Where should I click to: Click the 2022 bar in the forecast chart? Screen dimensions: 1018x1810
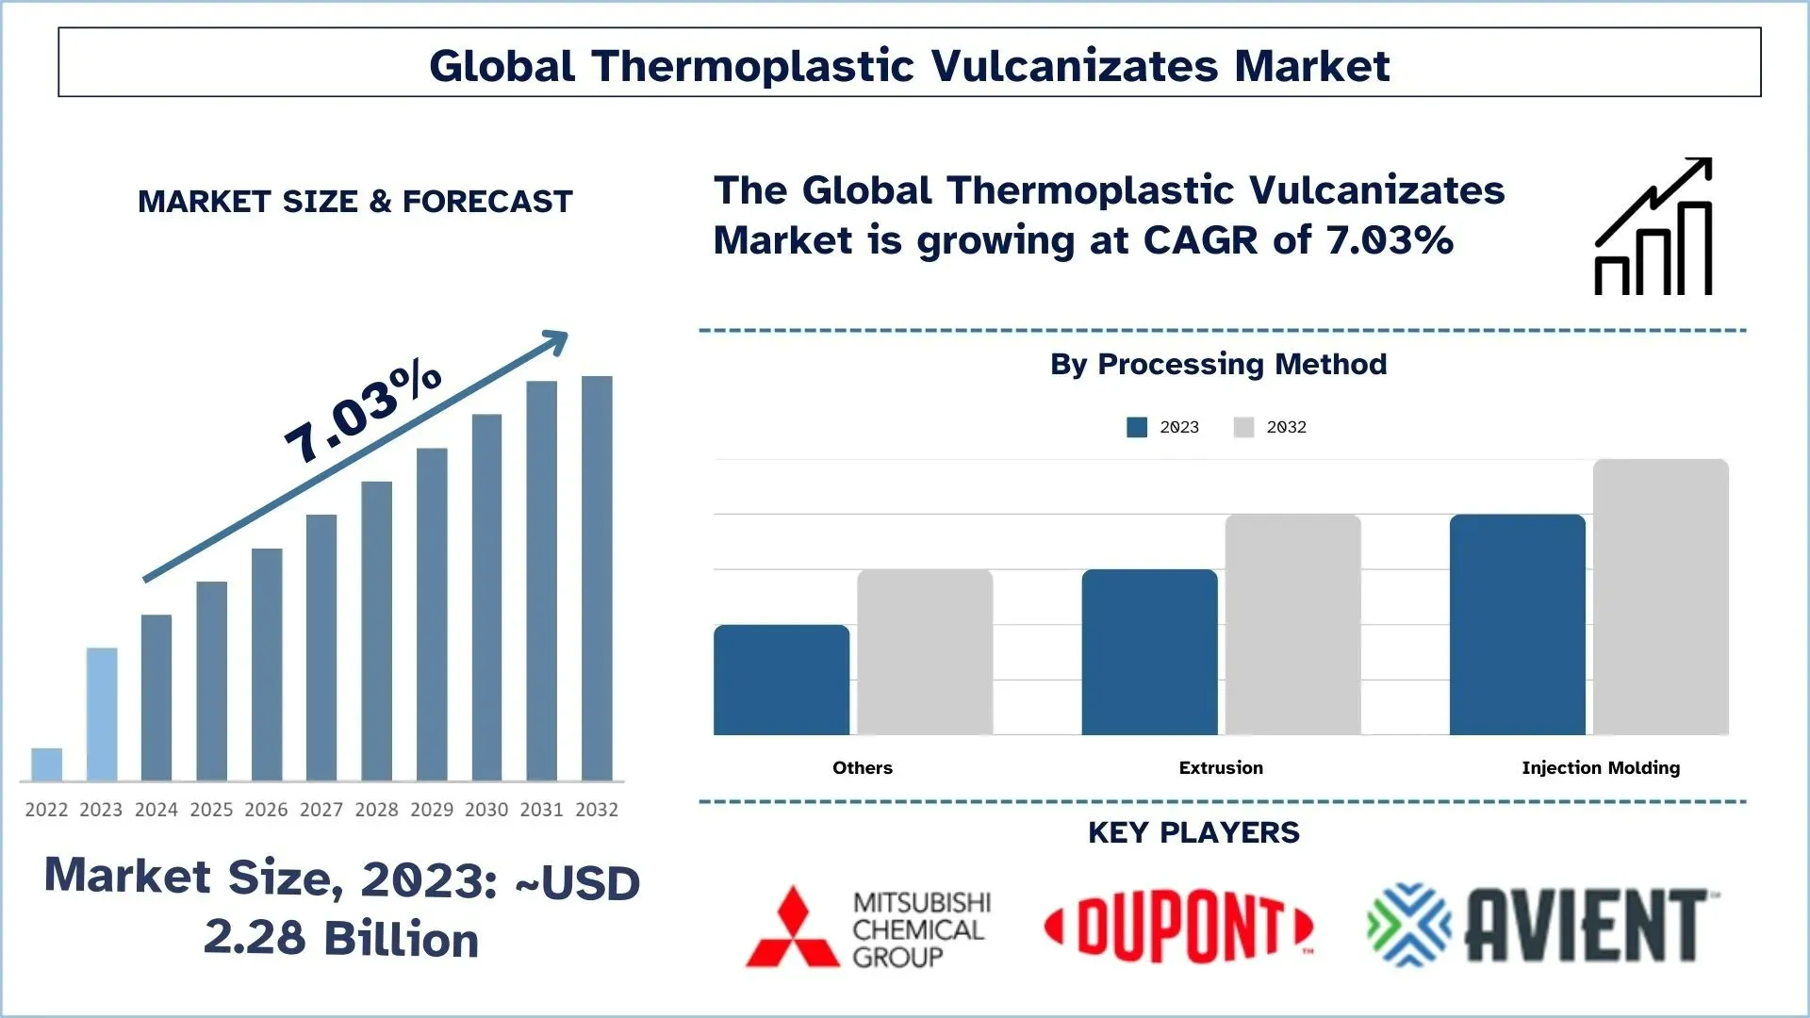click(46, 764)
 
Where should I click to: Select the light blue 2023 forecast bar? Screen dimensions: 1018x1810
click(102, 714)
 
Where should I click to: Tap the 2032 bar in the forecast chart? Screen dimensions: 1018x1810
click(597, 578)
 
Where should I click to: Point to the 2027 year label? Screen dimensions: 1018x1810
click(321, 810)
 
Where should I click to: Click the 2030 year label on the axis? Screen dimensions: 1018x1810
click(486, 810)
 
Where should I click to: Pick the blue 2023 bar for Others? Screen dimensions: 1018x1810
click(782, 680)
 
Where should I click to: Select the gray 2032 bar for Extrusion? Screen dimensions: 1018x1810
click(1292, 624)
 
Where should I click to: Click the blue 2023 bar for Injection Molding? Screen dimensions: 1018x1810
click(1517, 624)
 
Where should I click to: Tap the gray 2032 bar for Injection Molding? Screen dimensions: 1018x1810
click(1660, 597)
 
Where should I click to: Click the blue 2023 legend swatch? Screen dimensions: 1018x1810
click(1137, 427)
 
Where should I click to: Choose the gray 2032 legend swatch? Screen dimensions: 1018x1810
click(1243, 427)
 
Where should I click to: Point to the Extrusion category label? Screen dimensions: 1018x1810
click(1221, 767)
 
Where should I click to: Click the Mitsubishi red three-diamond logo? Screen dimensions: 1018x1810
click(793, 928)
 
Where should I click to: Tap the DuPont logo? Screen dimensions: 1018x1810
click(1178, 928)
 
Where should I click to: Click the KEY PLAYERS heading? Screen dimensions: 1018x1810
click(1193, 832)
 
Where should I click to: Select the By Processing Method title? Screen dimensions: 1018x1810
click(1218, 364)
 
